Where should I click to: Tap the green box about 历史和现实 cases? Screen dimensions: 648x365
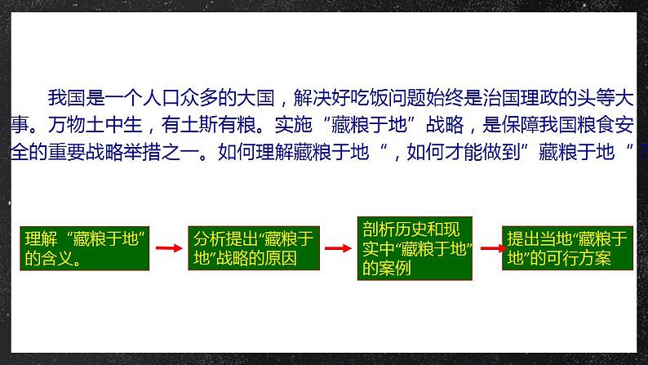click(416, 248)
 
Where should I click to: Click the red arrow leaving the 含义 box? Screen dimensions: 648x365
click(167, 248)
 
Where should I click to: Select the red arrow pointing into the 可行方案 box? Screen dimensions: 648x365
click(491, 248)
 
